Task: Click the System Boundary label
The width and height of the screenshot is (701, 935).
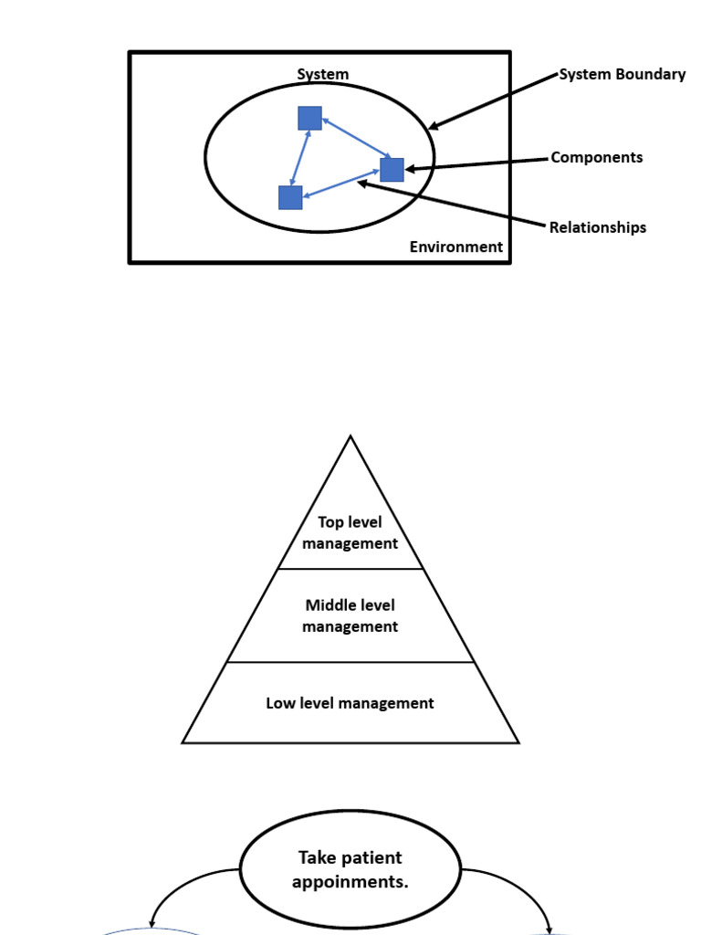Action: (x=622, y=75)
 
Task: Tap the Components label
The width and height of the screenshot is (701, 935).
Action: (x=596, y=157)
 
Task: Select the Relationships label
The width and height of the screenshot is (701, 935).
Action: (x=597, y=227)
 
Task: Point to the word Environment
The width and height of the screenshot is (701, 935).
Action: (x=455, y=247)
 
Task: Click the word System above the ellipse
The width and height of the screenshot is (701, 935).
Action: (x=322, y=75)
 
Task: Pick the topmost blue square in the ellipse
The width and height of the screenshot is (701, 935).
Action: (x=309, y=118)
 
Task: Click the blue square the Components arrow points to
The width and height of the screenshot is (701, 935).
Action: (x=392, y=170)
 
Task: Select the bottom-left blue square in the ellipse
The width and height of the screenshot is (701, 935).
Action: (x=290, y=197)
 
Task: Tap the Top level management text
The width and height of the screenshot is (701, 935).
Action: (x=350, y=532)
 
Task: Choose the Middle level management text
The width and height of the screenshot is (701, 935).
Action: (x=350, y=615)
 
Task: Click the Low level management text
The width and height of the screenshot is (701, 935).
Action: (x=350, y=703)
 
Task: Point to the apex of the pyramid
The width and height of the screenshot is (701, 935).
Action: (x=350, y=437)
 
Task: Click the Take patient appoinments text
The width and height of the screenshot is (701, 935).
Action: (x=350, y=869)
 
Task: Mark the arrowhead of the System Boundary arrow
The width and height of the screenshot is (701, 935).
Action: (x=433, y=127)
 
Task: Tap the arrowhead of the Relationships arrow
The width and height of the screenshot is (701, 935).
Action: (x=361, y=183)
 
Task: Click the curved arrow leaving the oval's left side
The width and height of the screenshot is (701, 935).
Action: (x=183, y=886)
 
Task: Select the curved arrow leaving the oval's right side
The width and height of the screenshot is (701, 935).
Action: (x=520, y=886)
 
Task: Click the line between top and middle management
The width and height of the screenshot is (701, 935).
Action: (x=350, y=569)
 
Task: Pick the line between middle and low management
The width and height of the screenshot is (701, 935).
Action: (x=350, y=662)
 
